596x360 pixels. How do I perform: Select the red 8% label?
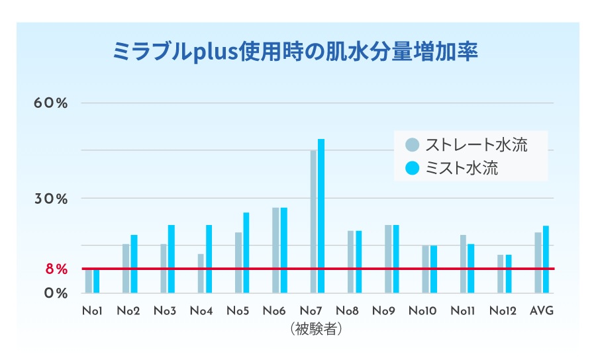point(56,269)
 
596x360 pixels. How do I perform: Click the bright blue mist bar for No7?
point(321,216)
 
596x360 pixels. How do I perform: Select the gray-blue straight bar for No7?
point(313,221)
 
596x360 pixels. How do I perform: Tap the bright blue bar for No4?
point(209,259)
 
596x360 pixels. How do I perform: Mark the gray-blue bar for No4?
point(201,273)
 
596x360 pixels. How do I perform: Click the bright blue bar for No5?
point(246,252)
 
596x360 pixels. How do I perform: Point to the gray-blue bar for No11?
point(463,263)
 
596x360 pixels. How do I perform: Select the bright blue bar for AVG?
point(546,259)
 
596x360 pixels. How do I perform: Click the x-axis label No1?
point(92,311)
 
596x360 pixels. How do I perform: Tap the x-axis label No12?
point(505,311)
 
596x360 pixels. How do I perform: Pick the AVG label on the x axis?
point(542,311)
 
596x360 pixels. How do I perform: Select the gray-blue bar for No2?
point(126,268)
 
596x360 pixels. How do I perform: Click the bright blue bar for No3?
point(171,259)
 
